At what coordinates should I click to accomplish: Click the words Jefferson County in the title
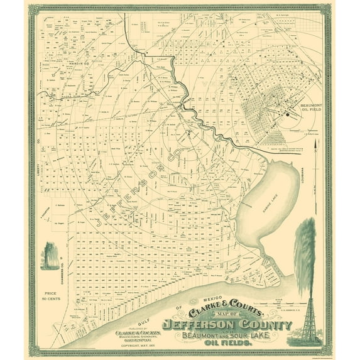tap(227, 325)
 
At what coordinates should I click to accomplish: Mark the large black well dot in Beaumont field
tap(287, 114)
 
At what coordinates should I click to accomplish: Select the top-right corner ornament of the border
tap(327, 9)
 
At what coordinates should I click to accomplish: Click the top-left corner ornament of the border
tap(33, 9)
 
